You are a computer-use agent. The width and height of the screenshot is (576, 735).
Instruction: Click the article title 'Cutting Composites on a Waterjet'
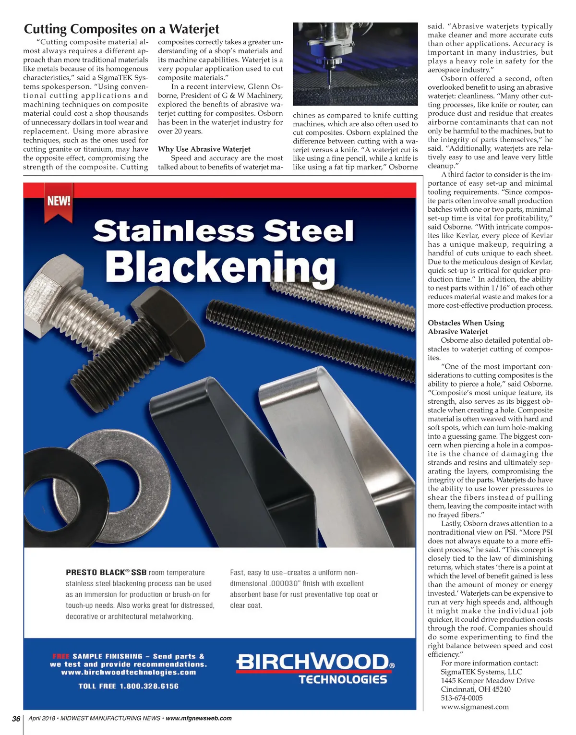[121, 29]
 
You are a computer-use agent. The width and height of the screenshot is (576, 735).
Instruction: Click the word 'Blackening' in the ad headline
[220, 267]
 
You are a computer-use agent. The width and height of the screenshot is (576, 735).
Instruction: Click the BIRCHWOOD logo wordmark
[312, 663]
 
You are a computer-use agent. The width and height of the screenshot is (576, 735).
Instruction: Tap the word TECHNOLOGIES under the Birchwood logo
[342, 679]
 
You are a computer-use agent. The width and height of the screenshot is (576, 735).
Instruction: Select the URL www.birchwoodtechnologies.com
[129, 672]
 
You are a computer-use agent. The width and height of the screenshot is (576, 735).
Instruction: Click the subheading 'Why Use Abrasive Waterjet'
[204, 149]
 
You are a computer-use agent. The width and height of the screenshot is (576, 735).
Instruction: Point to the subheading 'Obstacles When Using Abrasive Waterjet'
[466, 327]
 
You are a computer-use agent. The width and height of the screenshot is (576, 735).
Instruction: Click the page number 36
[16, 719]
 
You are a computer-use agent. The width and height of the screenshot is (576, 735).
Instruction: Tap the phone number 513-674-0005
[462, 698]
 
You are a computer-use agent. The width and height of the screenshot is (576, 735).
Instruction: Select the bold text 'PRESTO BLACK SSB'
[106, 573]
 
